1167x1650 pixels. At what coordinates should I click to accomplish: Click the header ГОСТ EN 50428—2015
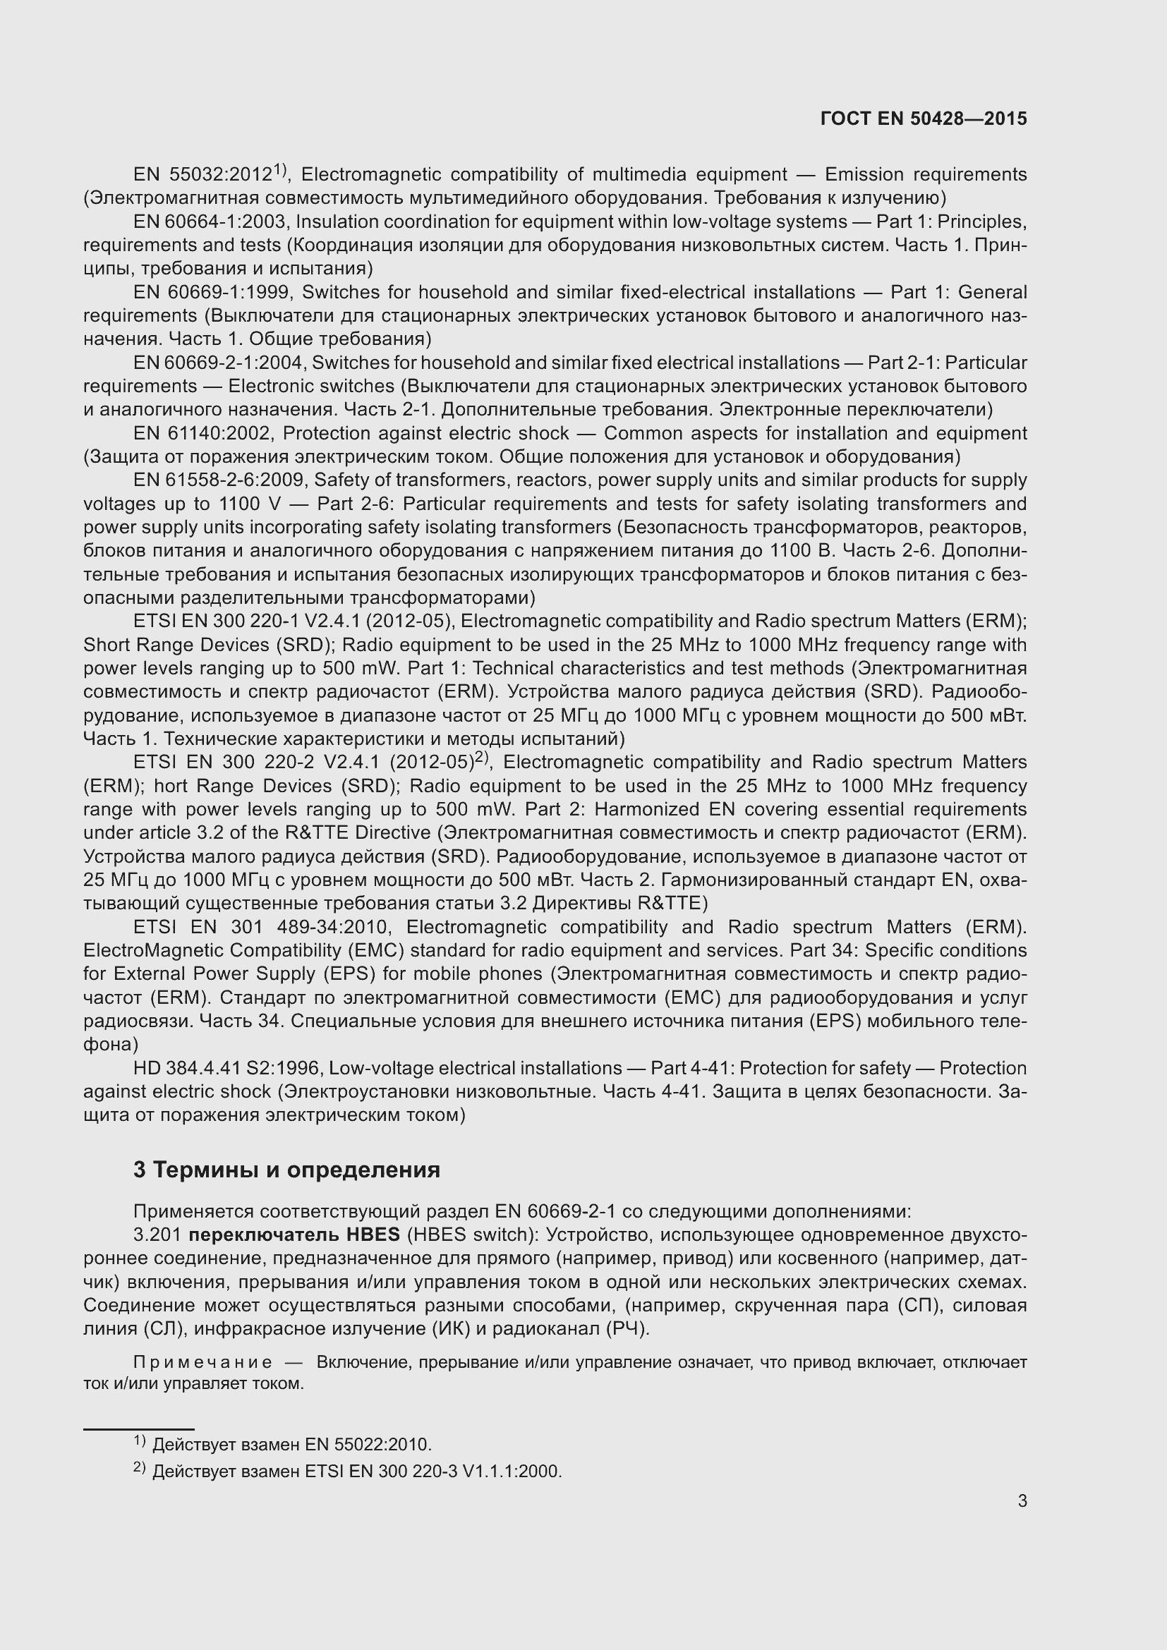923,119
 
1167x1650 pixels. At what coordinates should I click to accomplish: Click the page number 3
1022,1500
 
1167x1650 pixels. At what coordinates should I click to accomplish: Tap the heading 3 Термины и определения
286,1169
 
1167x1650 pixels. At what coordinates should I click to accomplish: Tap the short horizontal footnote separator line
139,1429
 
